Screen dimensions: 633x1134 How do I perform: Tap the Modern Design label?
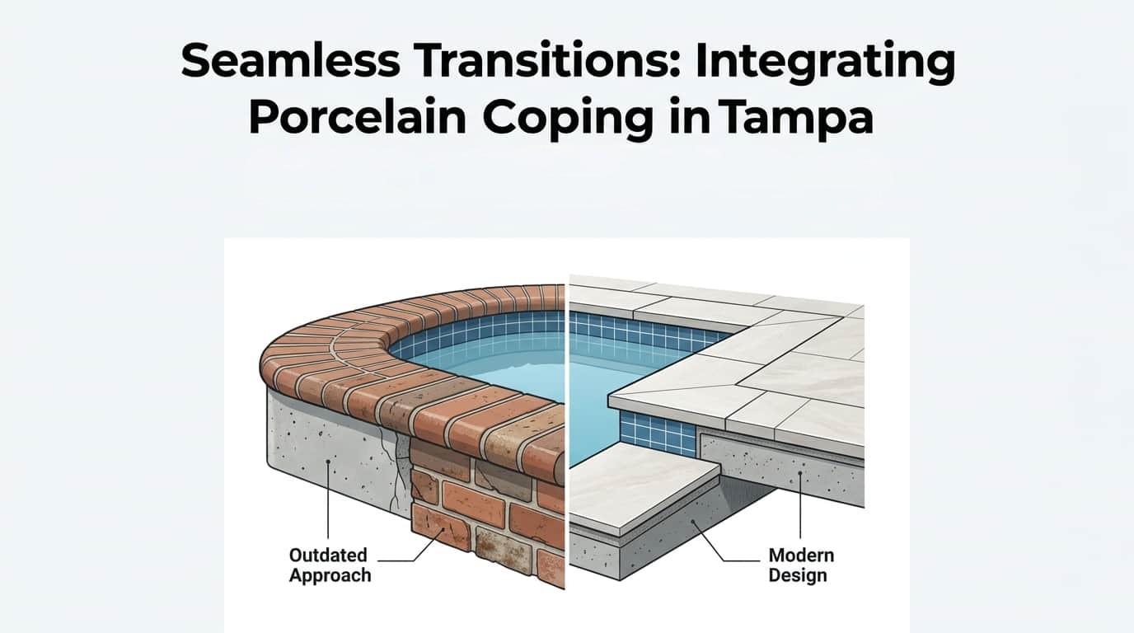pyautogui.click(x=801, y=565)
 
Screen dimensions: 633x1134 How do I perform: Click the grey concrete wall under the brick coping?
pyautogui.click(x=330, y=449)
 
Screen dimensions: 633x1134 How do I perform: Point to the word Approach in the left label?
pyautogui.click(x=330, y=575)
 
